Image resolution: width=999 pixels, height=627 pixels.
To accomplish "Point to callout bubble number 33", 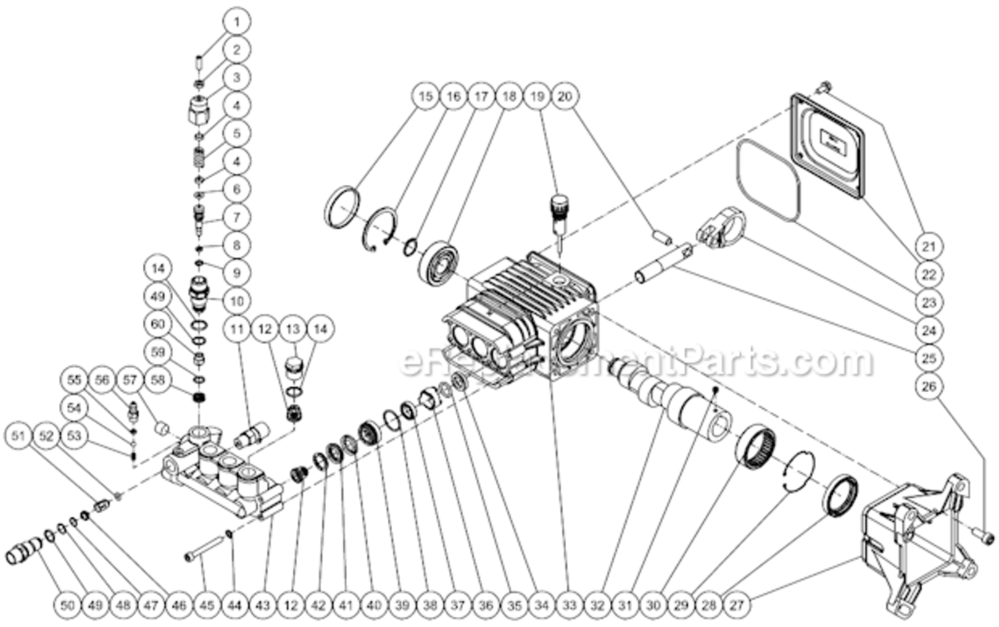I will coord(569,601).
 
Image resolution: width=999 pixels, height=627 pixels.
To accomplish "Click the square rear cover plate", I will coord(828,143).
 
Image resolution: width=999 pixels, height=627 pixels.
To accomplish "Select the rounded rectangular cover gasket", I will coord(770,181).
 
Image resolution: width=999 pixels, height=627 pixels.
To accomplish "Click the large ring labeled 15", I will coord(344,207).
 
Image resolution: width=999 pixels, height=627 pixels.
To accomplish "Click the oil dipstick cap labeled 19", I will coord(557,209).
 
